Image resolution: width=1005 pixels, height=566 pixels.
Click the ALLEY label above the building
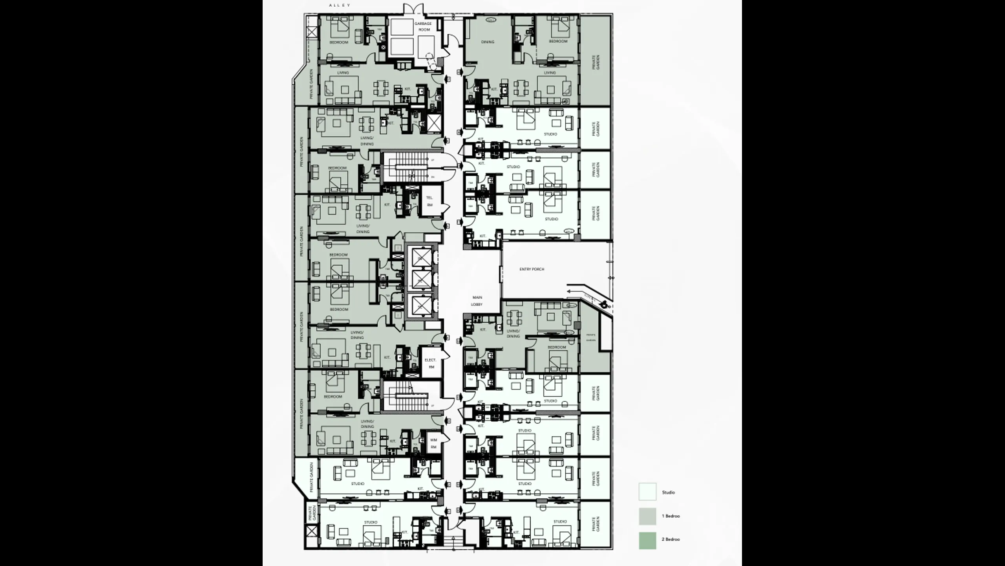340,5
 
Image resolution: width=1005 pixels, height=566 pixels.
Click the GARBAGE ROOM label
423,26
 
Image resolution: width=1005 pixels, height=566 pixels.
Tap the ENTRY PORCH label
532,269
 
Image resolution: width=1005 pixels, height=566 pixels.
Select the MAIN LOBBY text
477,301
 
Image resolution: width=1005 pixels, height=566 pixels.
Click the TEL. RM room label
429,201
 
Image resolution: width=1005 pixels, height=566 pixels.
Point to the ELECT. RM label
431,364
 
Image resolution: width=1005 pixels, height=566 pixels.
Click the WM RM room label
433,444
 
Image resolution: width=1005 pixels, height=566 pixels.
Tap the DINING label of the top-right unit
488,42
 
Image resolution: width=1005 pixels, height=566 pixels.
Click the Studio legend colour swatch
647,492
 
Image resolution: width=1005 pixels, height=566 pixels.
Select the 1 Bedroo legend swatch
647,516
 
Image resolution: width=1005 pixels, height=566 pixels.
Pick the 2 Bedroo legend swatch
647,540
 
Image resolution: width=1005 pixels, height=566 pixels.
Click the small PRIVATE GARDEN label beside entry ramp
591,337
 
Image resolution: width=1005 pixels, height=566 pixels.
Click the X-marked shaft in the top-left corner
312,32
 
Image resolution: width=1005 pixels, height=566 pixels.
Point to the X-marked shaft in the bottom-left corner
312,532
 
